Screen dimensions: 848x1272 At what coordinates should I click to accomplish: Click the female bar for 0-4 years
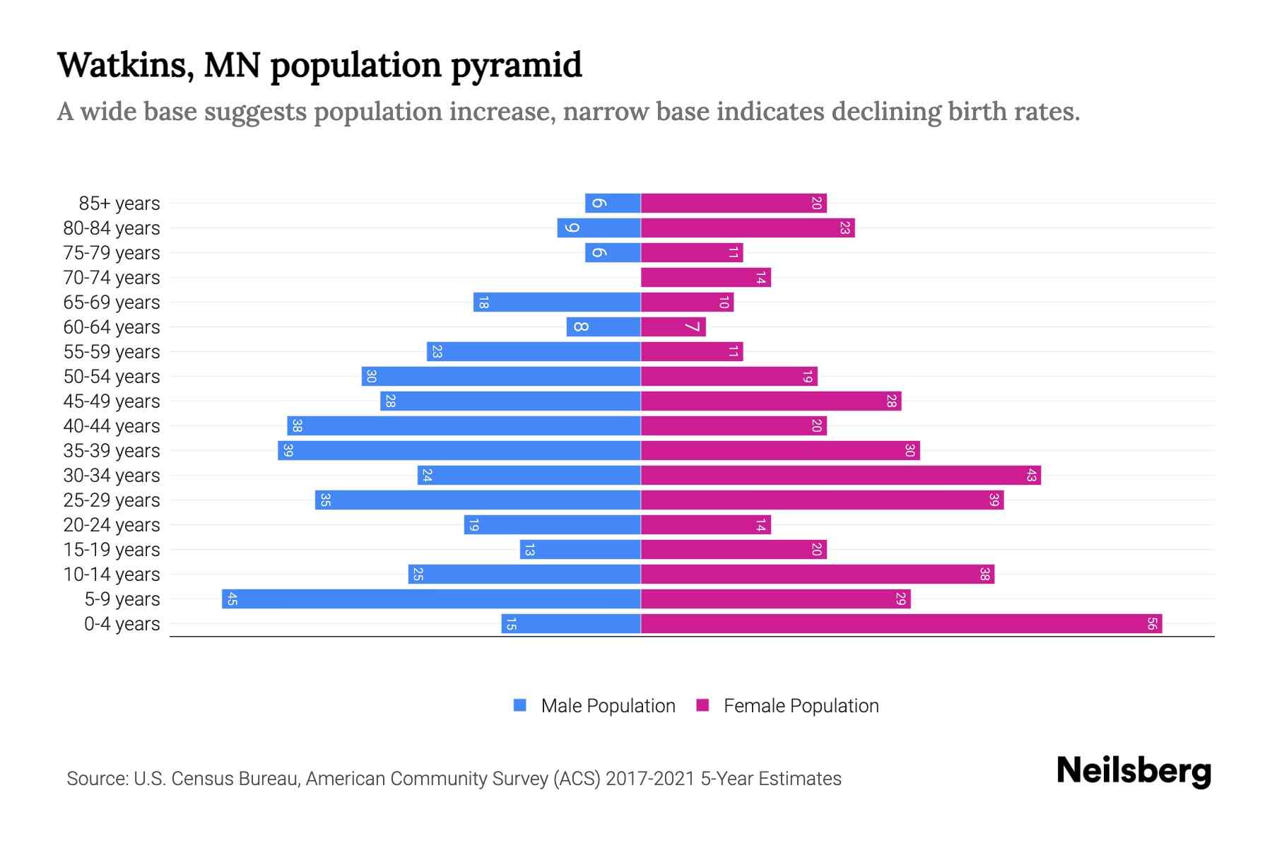[901, 624]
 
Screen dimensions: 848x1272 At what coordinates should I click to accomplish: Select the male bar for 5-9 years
[431, 599]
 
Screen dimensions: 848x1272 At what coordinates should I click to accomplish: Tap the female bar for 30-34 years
[841, 476]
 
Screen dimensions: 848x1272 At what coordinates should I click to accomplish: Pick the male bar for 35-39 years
[459, 451]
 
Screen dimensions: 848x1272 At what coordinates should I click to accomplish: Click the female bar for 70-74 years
[705, 278]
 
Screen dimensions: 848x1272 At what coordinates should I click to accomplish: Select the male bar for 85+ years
[613, 204]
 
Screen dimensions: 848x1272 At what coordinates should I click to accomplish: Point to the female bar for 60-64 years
[673, 327]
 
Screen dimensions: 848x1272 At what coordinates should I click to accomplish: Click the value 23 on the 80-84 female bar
[844, 228]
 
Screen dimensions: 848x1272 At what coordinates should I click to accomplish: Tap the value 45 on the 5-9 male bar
[232, 599]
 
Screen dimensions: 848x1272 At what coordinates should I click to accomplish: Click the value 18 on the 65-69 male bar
[483, 302]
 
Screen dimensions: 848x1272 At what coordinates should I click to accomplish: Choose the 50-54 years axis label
[112, 377]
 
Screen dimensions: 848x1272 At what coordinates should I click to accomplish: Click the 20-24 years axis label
[112, 525]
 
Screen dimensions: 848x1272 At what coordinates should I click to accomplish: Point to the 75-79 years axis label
[112, 253]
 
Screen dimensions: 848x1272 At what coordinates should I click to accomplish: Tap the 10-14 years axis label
[112, 575]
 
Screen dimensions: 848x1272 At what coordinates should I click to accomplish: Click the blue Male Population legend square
[520, 705]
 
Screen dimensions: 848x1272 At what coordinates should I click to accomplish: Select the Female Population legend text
[801, 706]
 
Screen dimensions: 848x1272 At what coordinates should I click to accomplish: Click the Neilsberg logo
[1133, 772]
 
